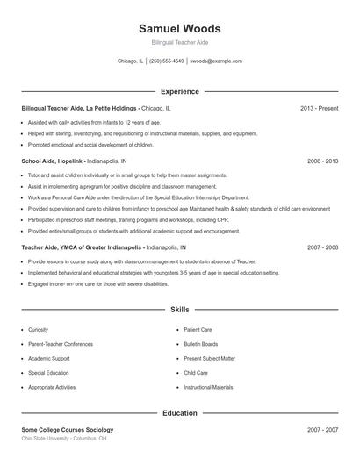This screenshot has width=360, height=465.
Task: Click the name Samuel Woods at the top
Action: click(180, 28)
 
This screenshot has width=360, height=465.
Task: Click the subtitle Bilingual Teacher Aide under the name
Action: click(180, 42)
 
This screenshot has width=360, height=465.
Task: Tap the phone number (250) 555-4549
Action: click(167, 61)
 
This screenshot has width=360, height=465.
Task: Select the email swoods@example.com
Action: click(216, 61)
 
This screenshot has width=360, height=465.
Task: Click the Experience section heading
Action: click(180, 91)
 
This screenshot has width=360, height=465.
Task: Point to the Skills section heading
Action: click(180, 310)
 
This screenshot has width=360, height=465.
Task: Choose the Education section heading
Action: click(180, 413)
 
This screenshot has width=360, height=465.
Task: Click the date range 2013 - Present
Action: click(319, 108)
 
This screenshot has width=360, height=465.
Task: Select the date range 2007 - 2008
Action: click(322, 247)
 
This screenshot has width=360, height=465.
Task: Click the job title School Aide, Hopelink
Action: click(53, 161)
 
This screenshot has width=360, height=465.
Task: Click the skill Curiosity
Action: click(40, 330)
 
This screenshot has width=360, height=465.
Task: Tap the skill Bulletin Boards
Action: click(201, 344)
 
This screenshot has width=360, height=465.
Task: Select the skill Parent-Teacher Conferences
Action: click(60, 344)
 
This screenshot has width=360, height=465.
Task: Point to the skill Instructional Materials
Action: click(208, 387)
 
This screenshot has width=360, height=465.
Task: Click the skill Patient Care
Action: click(198, 330)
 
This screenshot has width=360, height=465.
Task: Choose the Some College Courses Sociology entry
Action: click(68, 430)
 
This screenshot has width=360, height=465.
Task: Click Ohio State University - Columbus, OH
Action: click(64, 438)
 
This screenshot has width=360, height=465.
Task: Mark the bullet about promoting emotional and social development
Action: click(90, 145)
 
